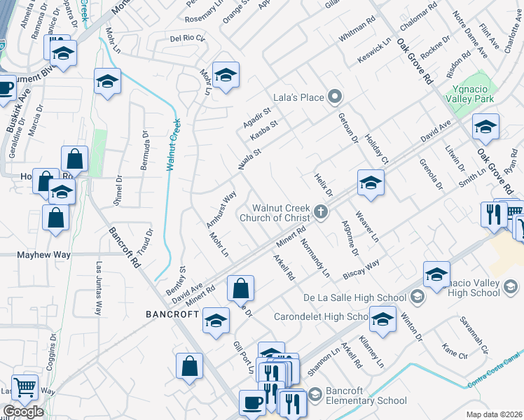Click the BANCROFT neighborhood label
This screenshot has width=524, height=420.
coord(172,314)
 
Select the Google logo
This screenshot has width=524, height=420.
coord(23,412)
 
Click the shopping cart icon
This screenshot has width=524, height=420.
coord(25,386)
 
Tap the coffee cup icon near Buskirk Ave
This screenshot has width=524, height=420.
coord(5,88)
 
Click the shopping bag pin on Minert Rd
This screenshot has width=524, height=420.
coord(240,288)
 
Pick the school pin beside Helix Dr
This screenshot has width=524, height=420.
coord(370,183)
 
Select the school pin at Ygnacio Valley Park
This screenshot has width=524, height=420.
coord(485,127)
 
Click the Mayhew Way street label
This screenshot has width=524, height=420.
coord(43,255)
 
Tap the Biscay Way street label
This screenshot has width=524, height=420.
coord(361,269)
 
